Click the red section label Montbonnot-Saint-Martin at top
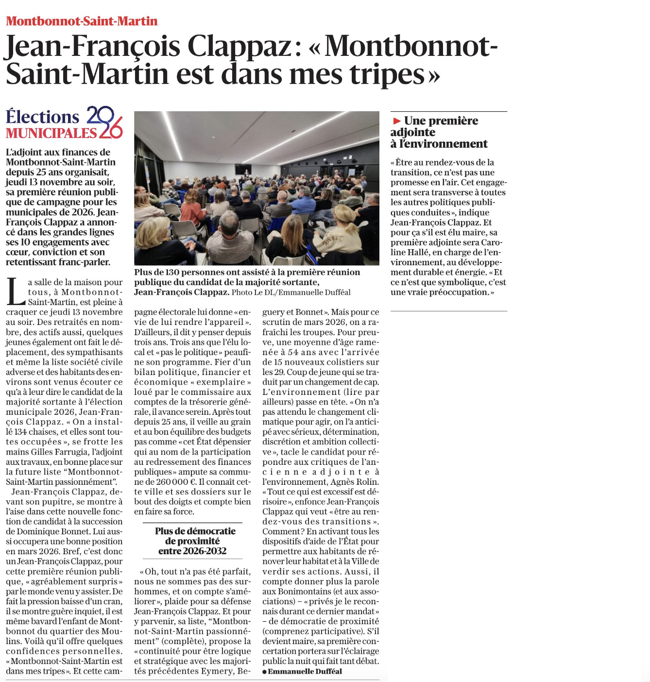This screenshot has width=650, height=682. click(x=82, y=21)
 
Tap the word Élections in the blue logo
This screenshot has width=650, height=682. click(x=43, y=117)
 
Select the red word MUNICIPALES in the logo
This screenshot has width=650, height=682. click(x=51, y=133)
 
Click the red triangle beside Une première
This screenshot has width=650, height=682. click(x=397, y=121)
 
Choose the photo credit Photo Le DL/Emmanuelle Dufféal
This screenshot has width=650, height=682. click(x=291, y=292)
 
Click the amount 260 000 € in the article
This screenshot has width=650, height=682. click(x=176, y=482)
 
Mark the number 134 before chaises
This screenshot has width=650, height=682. click(x=20, y=432)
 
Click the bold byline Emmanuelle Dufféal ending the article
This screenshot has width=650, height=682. click(x=305, y=671)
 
